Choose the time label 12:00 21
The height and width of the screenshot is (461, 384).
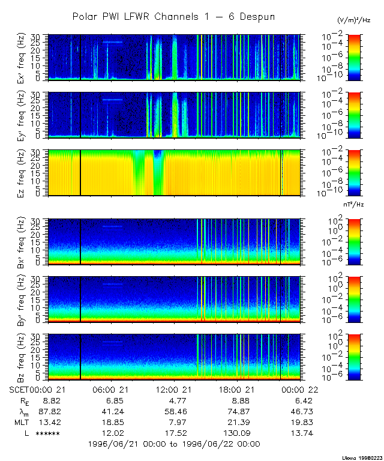174,390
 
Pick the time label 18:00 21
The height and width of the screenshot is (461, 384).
238,390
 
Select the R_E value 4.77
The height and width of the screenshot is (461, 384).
174,400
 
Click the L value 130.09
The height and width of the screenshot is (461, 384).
238,433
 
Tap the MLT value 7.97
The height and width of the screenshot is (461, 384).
174,422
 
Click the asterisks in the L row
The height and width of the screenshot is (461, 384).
47,433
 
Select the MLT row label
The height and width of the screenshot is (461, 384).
22,422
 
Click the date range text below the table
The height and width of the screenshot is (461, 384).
173,444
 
